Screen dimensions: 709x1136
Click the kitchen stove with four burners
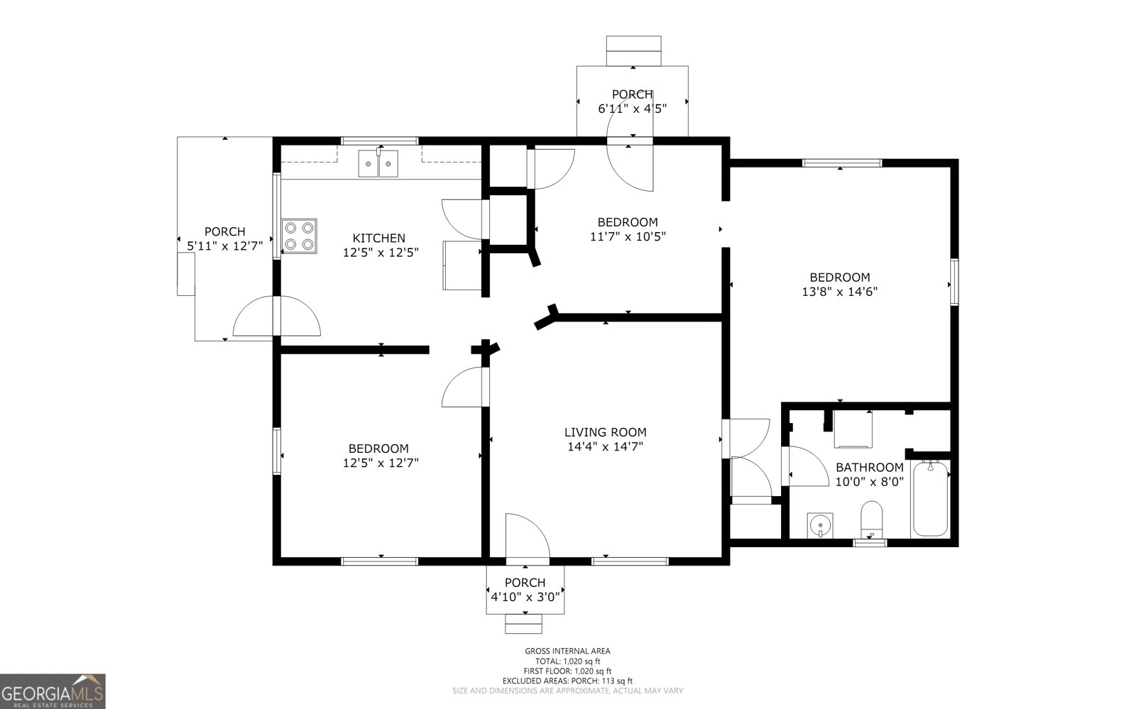coord(299,236)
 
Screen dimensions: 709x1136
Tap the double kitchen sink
coord(378,164)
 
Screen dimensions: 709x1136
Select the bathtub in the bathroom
coord(930,499)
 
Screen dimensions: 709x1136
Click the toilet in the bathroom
coord(871,520)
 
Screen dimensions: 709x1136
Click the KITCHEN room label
coord(379,238)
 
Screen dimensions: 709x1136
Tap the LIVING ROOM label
coord(605,432)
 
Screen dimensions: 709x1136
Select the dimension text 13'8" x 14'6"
coord(840,292)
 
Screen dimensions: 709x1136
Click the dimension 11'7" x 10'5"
coord(628,236)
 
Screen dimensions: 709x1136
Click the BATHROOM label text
coord(869,468)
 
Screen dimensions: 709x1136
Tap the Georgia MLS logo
coord(53,691)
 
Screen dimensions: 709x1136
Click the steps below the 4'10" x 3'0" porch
coord(523,623)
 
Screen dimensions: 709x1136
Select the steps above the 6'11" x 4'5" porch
coord(633,51)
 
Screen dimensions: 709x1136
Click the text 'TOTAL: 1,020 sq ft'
coord(567,661)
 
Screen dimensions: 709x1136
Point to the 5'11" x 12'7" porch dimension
coord(225,246)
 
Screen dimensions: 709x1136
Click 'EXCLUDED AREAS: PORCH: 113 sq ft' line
coord(567,681)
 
